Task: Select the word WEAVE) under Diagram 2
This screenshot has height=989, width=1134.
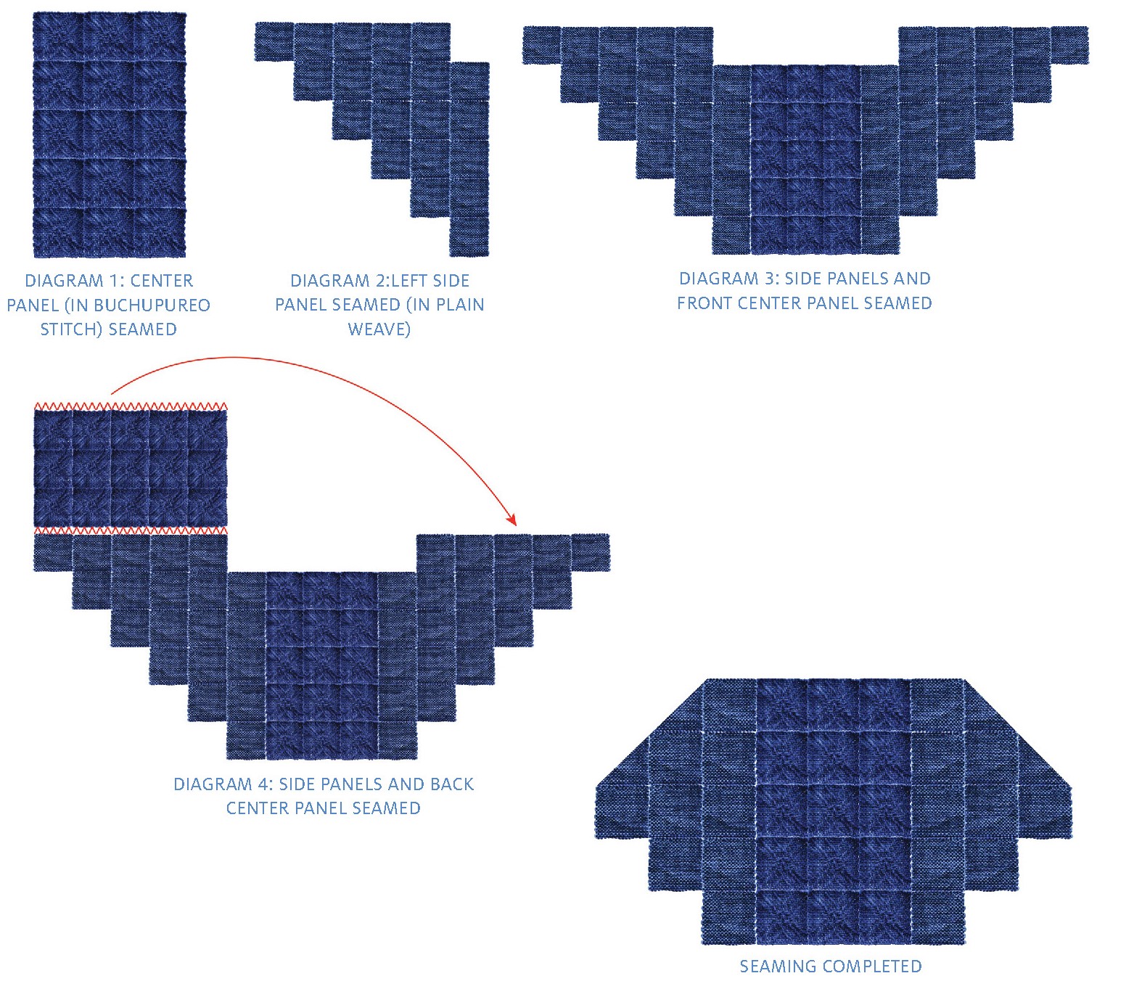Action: [379, 329]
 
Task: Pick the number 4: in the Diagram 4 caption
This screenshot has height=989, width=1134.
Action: [265, 784]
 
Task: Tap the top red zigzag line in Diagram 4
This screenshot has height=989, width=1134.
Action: [131, 406]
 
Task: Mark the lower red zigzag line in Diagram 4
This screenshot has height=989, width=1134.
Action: [131, 530]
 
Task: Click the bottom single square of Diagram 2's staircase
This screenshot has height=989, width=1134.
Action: [469, 237]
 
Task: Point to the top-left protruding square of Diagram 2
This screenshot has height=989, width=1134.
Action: [274, 41]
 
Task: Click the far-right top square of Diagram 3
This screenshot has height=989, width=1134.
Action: [1069, 46]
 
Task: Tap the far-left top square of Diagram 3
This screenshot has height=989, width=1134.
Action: [541, 46]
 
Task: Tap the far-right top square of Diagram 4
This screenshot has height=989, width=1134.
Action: [591, 553]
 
